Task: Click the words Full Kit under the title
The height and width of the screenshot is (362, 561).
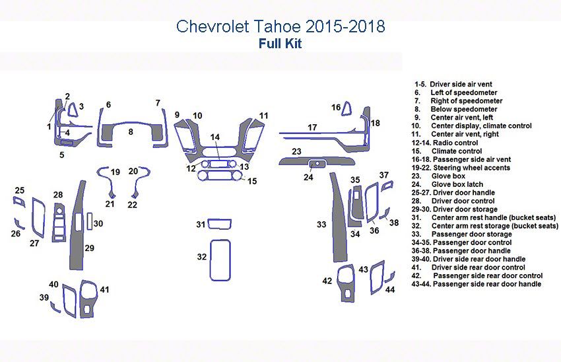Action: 280,44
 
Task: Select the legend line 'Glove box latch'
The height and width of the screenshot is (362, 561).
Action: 447,184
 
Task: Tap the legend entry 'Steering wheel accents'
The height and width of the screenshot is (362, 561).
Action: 461,168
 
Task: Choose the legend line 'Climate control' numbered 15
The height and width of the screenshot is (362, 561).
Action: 447,151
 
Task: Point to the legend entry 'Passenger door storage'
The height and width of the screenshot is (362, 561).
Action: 461,234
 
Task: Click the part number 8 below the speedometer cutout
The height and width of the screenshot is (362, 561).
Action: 131,131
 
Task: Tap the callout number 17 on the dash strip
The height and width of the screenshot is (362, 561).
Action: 312,127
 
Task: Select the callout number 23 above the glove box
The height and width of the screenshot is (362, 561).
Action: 296,151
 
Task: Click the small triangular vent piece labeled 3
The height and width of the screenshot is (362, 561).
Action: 73,110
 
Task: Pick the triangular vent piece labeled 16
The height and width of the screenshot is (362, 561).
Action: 346,109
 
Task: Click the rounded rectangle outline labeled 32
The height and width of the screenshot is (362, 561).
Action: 220,260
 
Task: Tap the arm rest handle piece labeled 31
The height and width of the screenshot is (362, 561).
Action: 219,224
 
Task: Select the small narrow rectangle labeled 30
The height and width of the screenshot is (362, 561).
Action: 90,221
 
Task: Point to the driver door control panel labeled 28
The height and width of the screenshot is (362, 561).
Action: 59,222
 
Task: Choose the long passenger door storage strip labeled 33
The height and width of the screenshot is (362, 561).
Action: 339,218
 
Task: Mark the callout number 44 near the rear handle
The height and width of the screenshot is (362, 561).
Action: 390,289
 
